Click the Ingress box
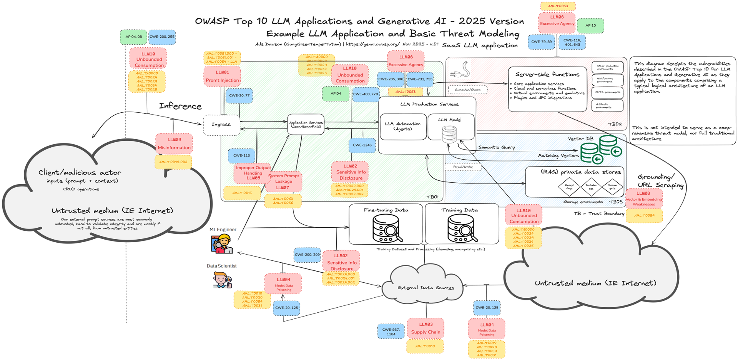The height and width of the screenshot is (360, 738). click(221, 125)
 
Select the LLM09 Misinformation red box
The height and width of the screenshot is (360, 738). click(174, 143)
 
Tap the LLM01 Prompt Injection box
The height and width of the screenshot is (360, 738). click(222, 76)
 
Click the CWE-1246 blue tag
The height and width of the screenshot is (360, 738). click(362, 145)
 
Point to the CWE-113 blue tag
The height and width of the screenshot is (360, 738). click(241, 155)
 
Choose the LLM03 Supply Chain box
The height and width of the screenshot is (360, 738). click(426, 328)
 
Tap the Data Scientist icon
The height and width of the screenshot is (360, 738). click(222, 280)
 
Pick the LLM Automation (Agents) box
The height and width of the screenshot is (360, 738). click(403, 127)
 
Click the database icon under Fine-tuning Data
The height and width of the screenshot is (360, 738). click(386, 228)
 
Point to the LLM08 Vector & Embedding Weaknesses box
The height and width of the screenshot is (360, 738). click(644, 198)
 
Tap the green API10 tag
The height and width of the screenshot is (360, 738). click(590, 26)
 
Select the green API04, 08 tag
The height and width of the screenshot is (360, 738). click(133, 37)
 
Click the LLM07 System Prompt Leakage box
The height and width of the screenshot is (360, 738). click(283, 182)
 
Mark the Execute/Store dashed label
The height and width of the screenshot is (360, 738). click(467, 90)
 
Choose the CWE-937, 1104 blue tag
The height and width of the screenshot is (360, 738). click(391, 332)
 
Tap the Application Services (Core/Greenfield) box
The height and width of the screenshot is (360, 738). click(306, 124)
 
